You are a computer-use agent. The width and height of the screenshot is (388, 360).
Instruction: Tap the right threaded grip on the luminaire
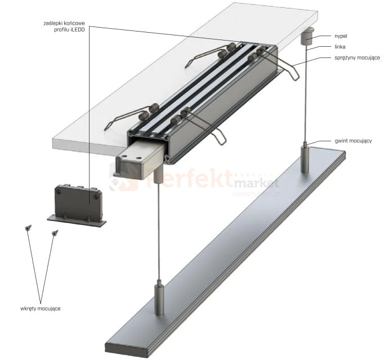(304, 158)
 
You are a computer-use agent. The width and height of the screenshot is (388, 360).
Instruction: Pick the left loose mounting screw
(28, 228)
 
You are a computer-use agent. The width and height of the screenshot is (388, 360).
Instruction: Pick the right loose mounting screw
(55, 232)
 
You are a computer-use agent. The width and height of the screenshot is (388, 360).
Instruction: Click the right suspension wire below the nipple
(306, 96)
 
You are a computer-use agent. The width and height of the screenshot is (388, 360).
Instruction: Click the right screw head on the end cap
(97, 197)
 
